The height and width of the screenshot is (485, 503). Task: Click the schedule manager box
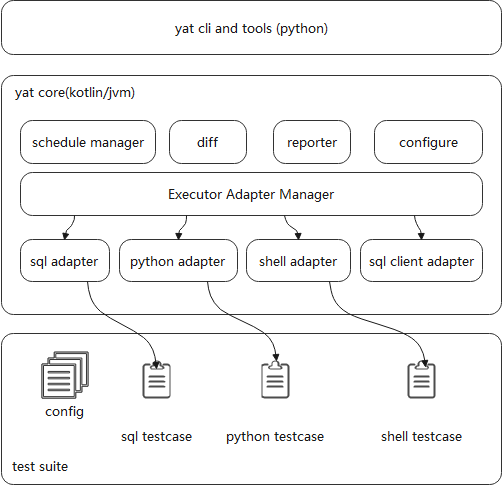coord(88,142)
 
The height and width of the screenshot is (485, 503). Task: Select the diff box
coord(208,142)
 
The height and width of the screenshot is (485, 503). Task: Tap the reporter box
coord(312,142)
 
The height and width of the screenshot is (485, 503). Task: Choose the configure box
coord(428,142)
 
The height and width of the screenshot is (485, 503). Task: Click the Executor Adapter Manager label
coord(251,194)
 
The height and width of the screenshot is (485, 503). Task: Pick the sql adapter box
coord(65,261)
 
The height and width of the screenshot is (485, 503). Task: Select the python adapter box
coord(178,261)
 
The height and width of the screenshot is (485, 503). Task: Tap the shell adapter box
coord(298,261)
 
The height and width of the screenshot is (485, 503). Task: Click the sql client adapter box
coord(421,261)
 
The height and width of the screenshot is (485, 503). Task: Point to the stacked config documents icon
coord(65,375)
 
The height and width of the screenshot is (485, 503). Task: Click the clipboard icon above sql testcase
coord(157,380)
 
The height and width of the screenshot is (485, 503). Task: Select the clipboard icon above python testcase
coord(275,380)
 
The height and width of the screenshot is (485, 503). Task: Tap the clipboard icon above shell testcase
coord(422,380)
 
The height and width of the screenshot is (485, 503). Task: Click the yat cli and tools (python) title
coord(251,29)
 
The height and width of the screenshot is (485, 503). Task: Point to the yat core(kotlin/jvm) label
coord(75,93)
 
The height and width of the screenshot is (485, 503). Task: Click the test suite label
coord(40,466)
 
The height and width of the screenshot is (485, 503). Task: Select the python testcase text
coord(275,437)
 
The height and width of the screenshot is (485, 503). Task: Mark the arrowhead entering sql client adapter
coord(421,236)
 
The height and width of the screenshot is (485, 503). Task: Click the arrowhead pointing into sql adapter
coord(65,236)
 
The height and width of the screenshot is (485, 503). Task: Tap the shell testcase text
coord(422,436)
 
